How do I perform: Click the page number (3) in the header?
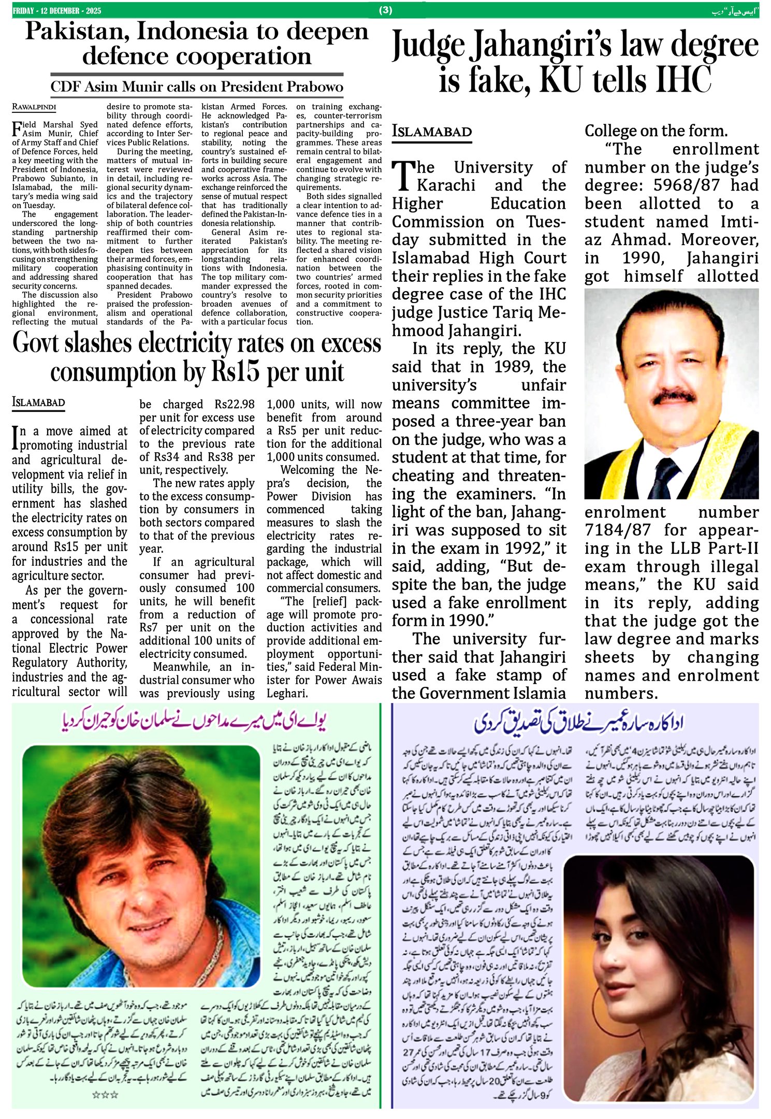(x=386, y=10)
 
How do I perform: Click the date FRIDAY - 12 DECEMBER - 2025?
(x=57, y=11)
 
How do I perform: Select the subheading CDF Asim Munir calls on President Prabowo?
(x=197, y=87)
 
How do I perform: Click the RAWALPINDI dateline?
(x=34, y=107)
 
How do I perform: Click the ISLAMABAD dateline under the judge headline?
(x=432, y=132)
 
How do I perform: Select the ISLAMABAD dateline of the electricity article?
(x=38, y=403)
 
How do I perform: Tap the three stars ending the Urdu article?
(x=105, y=1095)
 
